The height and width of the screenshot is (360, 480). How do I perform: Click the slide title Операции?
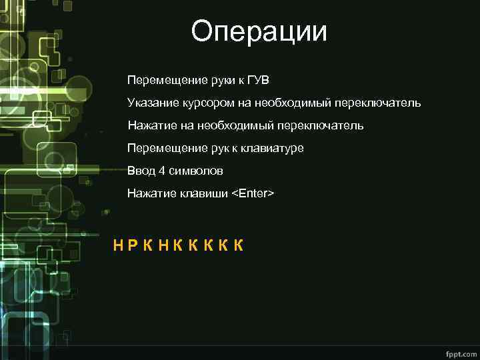pos(259,31)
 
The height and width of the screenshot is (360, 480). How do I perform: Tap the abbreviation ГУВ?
pos(258,81)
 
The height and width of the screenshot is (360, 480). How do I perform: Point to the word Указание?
pos(149,103)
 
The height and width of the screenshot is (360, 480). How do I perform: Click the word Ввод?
pos(141,171)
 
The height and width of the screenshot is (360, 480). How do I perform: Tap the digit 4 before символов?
pos(162,171)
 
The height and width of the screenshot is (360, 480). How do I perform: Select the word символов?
pos(195,171)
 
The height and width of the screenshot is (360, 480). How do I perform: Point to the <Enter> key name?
pos(253,193)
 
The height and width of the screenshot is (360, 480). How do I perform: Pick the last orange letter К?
pos(238,245)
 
